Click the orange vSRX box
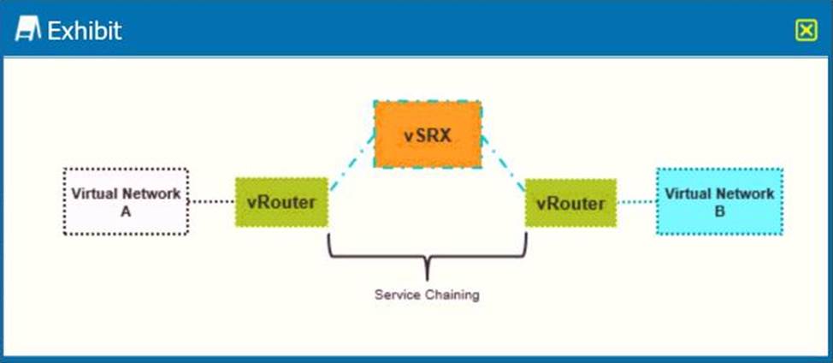[427, 134]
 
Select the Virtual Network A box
[126, 201]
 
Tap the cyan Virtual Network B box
[718, 201]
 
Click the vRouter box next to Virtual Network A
[281, 203]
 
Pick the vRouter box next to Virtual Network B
[570, 203]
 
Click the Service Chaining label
[427, 295]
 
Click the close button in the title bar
[806, 31]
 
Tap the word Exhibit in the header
[84, 31]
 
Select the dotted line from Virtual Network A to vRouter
[211, 202]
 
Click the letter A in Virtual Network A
[126, 211]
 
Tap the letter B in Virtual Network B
[718, 211]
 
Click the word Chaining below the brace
[452, 295]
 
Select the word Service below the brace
[398, 295]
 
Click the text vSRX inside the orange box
[427, 134]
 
